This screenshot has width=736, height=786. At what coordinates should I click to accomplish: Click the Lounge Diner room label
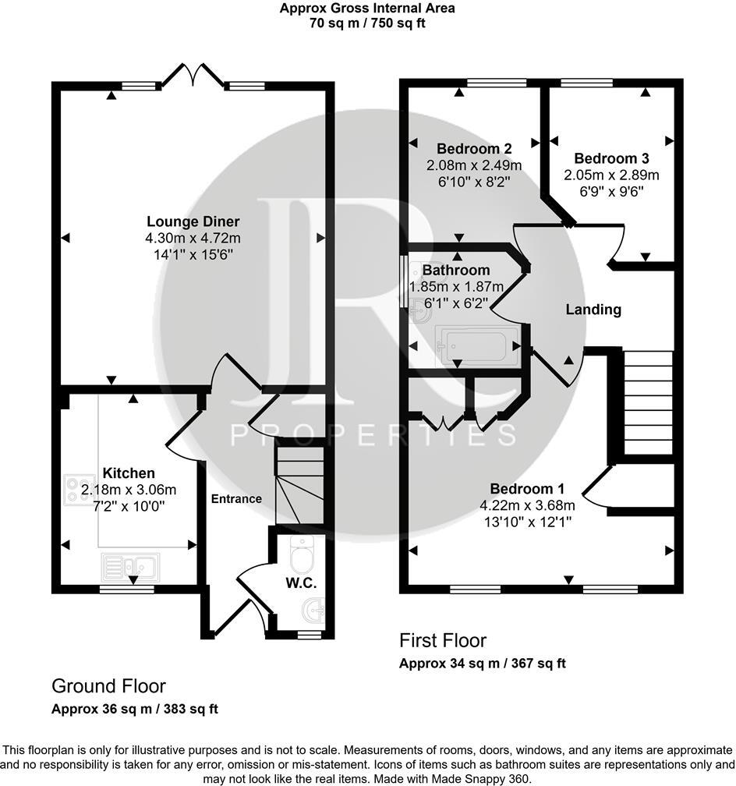tap(193, 221)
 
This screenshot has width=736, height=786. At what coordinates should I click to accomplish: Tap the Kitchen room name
tap(129, 473)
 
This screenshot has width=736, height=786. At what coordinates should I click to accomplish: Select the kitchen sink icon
tap(130, 564)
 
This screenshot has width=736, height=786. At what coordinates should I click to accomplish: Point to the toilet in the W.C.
tap(299, 557)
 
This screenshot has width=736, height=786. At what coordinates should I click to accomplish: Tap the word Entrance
tap(237, 499)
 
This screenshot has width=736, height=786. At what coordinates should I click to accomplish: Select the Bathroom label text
tap(456, 271)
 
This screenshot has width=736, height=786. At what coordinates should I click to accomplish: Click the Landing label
tap(593, 310)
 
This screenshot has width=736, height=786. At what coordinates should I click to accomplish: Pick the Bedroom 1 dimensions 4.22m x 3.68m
tap(526, 505)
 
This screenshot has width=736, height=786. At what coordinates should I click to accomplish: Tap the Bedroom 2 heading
tap(462, 149)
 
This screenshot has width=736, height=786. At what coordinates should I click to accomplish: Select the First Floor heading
tap(442, 641)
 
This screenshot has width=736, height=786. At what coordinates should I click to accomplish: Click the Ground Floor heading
tap(108, 686)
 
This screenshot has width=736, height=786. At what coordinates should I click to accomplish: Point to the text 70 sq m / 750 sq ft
tap(367, 23)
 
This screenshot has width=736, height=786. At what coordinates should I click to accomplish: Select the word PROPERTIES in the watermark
tap(373, 435)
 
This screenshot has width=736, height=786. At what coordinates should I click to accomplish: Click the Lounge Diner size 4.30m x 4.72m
tap(193, 238)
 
